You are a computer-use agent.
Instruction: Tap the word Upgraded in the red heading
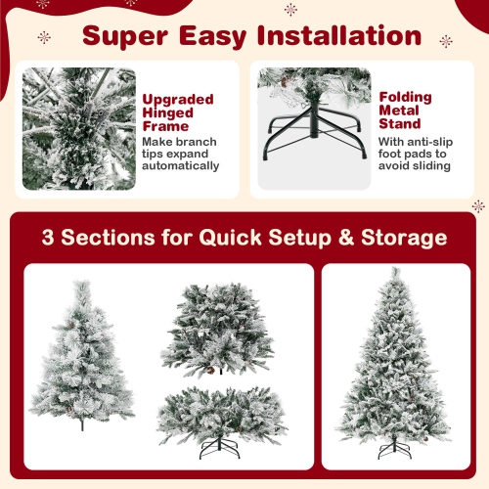pyautogui.click(x=179, y=99)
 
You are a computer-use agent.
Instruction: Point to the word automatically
pyautogui.click(x=182, y=166)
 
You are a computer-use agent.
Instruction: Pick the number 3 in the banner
pyautogui.click(x=49, y=238)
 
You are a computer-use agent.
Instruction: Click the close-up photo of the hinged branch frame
pyautogui.click(x=80, y=128)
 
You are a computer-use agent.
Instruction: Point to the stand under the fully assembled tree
pyautogui.click(x=395, y=450)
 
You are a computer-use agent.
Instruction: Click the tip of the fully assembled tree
pyautogui.click(x=395, y=273)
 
